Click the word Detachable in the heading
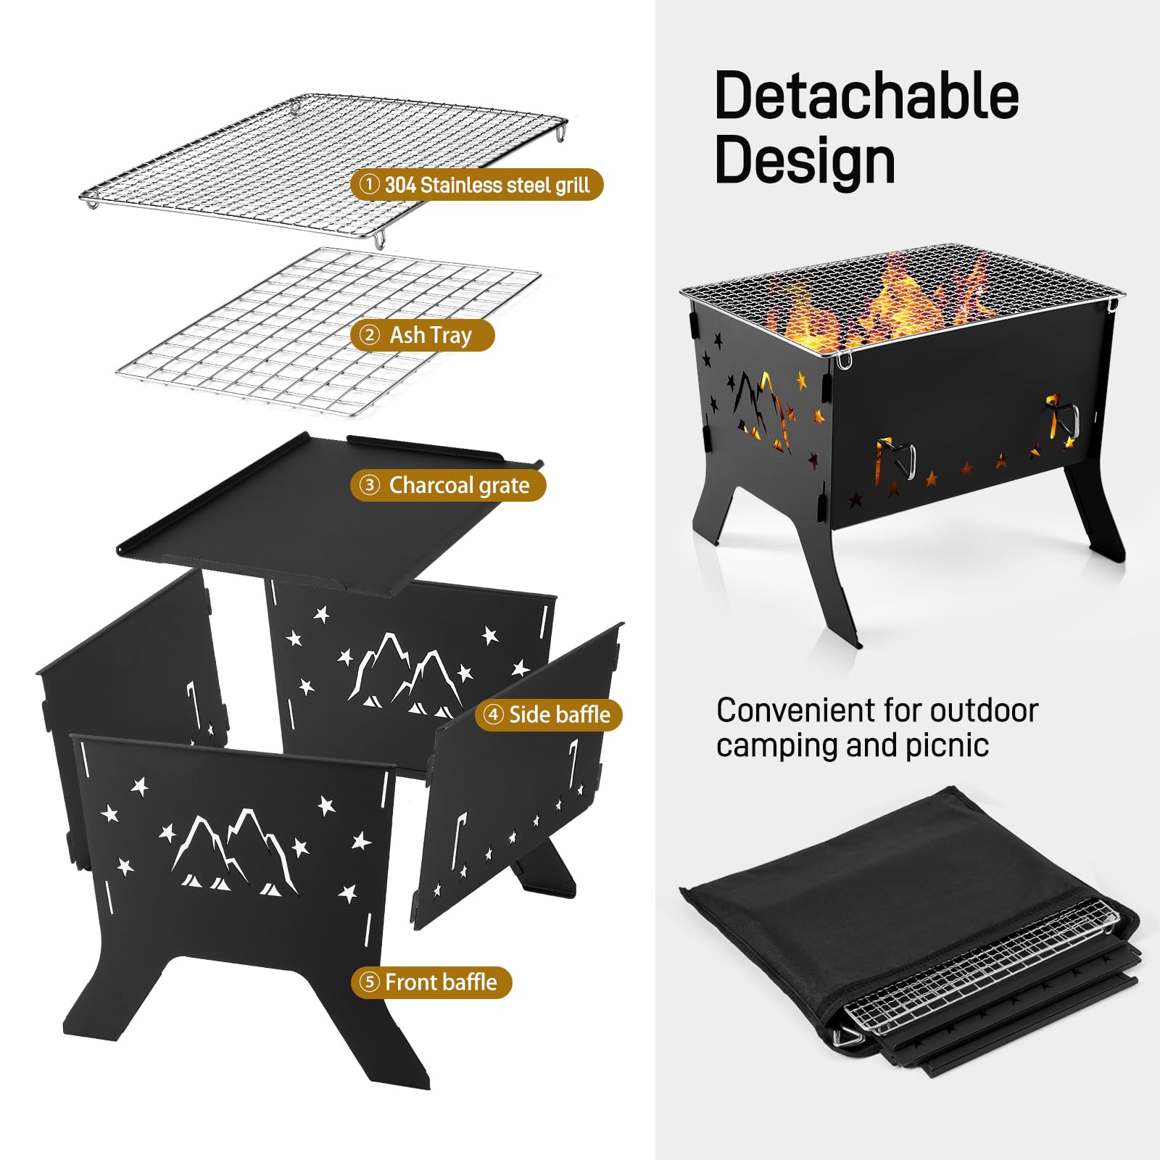(x=866, y=96)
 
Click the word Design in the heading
(x=805, y=161)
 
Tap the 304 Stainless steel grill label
(x=477, y=185)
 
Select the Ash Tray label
(x=423, y=336)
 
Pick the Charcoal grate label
(x=448, y=485)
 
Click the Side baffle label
(x=549, y=715)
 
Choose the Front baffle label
(x=432, y=982)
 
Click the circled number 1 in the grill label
(x=369, y=185)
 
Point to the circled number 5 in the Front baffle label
(x=370, y=982)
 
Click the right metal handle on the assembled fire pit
(x=1063, y=417)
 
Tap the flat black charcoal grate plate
(x=319, y=515)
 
